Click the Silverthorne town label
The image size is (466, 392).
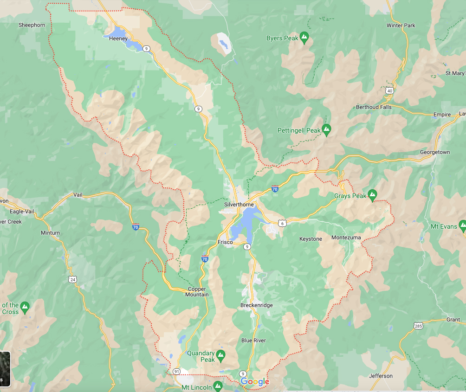click(239, 205)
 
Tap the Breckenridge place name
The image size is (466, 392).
click(256, 305)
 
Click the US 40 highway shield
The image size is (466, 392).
click(389, 90)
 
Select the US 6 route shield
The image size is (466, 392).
click(282, 223)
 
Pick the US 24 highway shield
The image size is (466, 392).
click(72, 279)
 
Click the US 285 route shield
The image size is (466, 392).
click(419, 327)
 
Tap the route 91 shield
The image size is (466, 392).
click(176, 372)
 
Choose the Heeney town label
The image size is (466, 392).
click(118, 39)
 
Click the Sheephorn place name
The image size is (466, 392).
click(32, 25)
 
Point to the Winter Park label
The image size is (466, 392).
click(401, 26)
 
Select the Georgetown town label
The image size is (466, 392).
click(435, 152)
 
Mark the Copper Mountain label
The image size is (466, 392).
click(197, 292)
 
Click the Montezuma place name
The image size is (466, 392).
click(346, 238)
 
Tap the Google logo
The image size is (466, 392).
click(255, 381)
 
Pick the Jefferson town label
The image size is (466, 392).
click(381, 376)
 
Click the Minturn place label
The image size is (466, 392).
click(50, 233)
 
